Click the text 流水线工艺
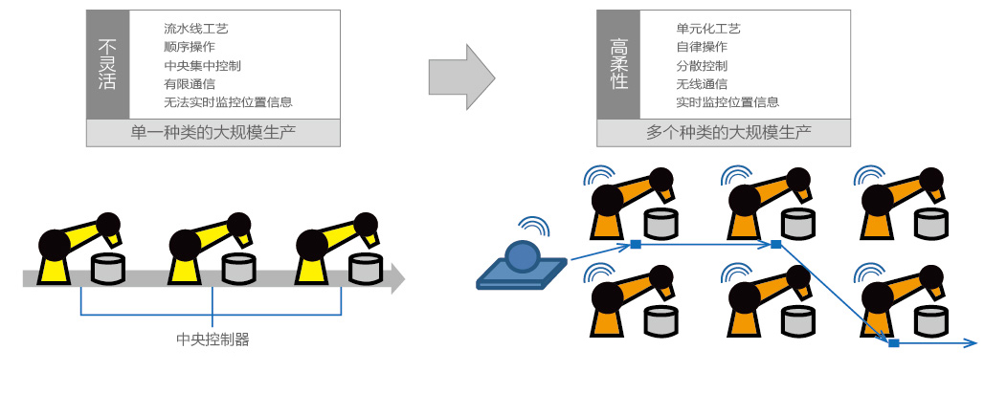click(x=196, y=29)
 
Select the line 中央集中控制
click(x=202, y=65)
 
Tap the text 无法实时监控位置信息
click(x=228, y=102)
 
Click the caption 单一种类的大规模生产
click(x=213, y=133)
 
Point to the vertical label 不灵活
click(x=107, y=65)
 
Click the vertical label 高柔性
click(x=619, y=65)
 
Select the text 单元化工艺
click(x=708, y=29)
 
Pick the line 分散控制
click(x=702, y=65)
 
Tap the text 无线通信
click(x=702, y=84)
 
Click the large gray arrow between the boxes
click(x=461, y=77)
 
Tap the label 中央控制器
click(x=213, y=339)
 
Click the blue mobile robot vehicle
click(x=522, y=266)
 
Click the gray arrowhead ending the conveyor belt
click(x=398, y=278)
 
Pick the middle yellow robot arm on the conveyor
click(x=209, y=249)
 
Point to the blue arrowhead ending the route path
click(x=973, y=343)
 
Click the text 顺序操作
click(x=190, y=47)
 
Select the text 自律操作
click(x=702, y=47)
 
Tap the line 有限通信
click(x=190, y=84)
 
